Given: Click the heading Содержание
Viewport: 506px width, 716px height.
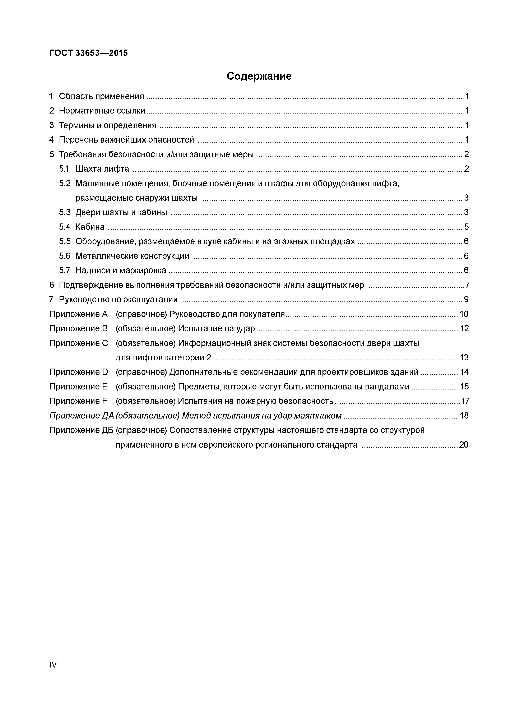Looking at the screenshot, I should (x=259, y=76).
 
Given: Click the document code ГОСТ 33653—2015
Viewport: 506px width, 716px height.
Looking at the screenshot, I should (x=89, y=53).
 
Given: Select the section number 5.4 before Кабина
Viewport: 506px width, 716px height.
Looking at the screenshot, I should (x=65, y=227).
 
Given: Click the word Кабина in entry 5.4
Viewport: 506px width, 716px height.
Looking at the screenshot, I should (x=90, y=227).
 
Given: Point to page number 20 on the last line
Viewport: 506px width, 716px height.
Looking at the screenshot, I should (x=464, y=444).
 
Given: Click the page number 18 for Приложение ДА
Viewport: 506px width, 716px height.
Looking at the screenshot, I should (x=464, y=415).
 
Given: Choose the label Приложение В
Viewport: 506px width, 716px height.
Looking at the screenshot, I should (x=79, y=328).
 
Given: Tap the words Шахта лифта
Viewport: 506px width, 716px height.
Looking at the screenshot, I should (x=102, y=169).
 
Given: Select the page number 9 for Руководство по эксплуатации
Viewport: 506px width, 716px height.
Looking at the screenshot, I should (x=466, y=299).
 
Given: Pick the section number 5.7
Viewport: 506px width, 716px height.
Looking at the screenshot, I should (x=65, y=270).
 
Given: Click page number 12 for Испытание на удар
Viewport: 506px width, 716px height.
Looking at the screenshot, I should (x=464, y=328).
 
